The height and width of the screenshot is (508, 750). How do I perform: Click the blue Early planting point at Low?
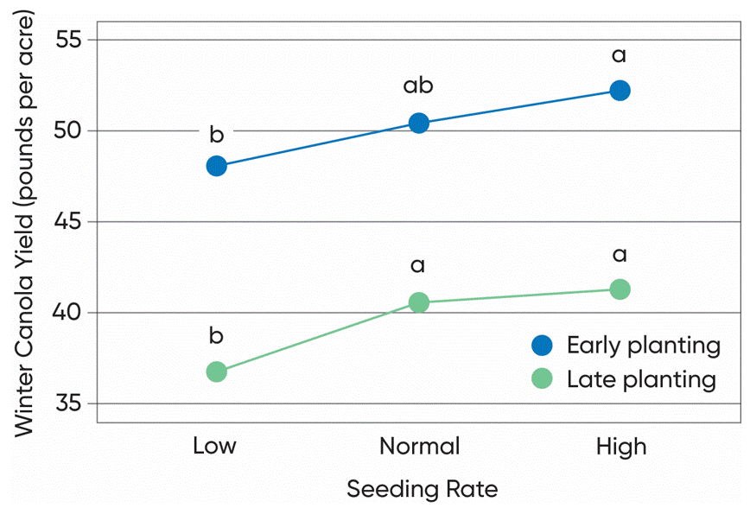tap(217, 166)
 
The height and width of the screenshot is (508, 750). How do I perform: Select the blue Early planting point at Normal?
tap(418, 123)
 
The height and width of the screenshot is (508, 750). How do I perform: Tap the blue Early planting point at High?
tap(620, 91)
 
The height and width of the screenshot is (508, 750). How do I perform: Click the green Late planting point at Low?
tap(217, 371)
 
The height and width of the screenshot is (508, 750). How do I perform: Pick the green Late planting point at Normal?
tap(418, 302)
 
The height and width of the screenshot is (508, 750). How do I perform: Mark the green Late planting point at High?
tap(620, 289)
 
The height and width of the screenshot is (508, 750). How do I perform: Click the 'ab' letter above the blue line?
tap(418, 87)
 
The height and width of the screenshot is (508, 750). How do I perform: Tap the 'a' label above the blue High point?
tap(620, 57)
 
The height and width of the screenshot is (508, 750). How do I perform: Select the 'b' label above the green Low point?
tap(217, 337)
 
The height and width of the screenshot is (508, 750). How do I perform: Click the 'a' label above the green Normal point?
tap(418, 266)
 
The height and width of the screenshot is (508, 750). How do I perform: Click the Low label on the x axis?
tap(214, 447)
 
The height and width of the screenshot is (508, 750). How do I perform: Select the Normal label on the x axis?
tap(420, 447)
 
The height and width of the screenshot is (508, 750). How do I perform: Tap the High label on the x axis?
tap(621, 447)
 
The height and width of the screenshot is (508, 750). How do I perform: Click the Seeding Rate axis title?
tap(422, 489)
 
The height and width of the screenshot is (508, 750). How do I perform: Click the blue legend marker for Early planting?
tap(542, 346)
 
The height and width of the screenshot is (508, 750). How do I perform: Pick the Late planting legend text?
tap(641, 379)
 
